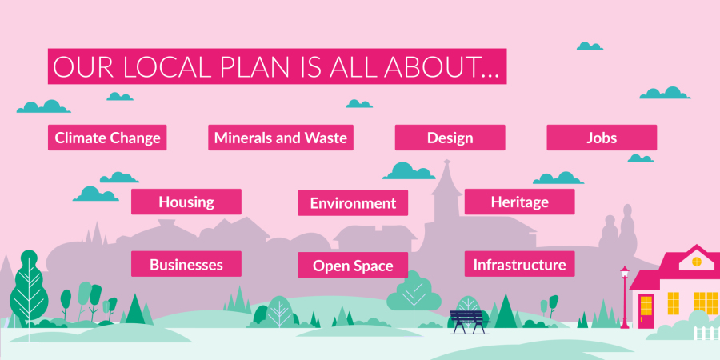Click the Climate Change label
(107, 138)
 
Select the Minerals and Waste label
(281, 138)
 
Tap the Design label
(450, 138)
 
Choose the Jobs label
(602, 138)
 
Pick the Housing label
(186, 202)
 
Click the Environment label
(353, 203)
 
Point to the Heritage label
(519, 202)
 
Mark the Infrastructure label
(519, 265)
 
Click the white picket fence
(705, 333)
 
